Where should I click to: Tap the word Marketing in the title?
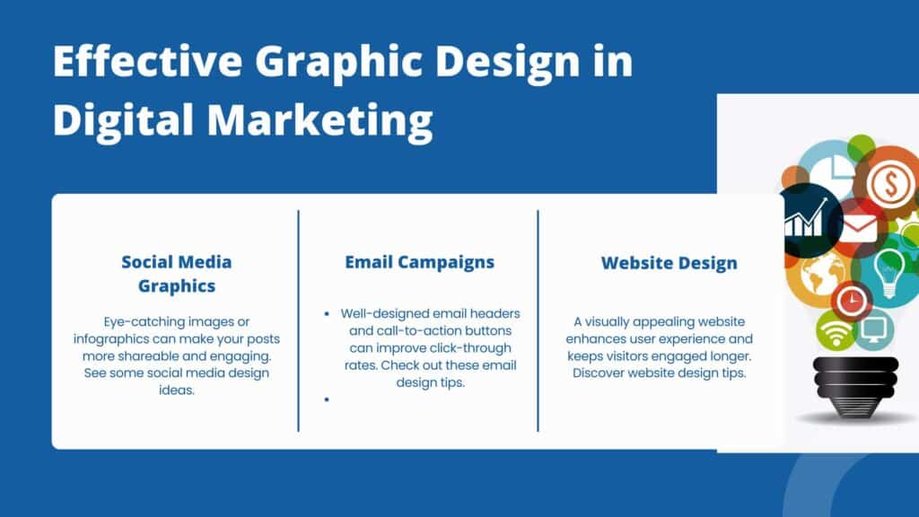(320, 121)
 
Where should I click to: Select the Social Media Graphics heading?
(177, 274)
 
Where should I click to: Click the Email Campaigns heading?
(420, 262)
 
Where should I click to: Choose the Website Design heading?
(670, 263)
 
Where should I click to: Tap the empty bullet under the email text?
(327, 399)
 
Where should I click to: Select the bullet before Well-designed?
(327, 314)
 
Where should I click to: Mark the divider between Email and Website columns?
(538, 320)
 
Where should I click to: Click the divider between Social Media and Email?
(298, 320)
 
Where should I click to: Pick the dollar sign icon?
(890, 183)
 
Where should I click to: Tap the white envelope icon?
(859, 228)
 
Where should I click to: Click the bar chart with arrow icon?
(806, 219)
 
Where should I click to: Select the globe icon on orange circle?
(823, 276)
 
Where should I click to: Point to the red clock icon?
(852, 302)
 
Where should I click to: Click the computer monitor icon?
(873, 329)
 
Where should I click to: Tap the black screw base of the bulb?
(855, 387)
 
